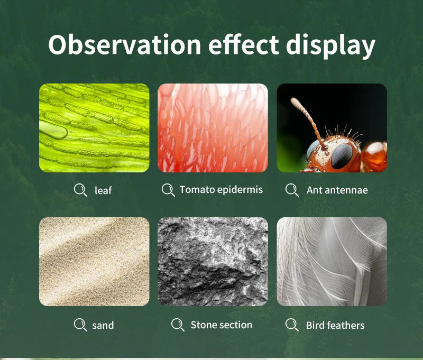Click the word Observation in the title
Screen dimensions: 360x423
125,45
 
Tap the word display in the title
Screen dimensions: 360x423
330,45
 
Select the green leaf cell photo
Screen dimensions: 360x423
94,128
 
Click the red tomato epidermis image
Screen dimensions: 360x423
213,128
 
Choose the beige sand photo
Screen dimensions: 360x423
94,261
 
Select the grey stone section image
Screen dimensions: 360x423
213,261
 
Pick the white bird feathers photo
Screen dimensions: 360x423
332,261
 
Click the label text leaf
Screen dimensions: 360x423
103,190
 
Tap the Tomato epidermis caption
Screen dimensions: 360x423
220,189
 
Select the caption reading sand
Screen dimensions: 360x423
103,325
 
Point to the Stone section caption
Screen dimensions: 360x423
221,325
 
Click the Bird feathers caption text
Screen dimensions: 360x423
335,325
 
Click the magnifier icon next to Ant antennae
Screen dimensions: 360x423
291,190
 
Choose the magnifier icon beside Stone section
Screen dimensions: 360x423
178,325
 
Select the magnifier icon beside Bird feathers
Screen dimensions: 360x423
291,325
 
